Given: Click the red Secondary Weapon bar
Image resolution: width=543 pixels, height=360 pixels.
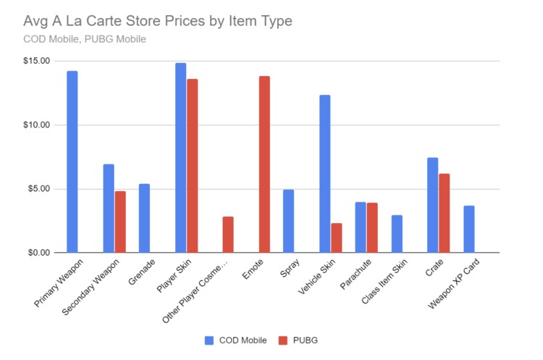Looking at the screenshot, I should (x=119, y=222).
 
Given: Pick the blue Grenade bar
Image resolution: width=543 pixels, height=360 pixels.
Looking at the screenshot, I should (x=145, y=218).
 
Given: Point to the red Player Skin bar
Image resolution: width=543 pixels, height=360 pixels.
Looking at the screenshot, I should (x=192, y=166).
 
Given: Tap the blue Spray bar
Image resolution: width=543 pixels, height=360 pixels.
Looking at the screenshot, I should (x=289, y=221).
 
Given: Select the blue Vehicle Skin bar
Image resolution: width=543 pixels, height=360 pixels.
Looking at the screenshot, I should (x=325, y=174).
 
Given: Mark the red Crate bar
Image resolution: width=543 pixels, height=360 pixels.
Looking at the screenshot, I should (x=445, y=213).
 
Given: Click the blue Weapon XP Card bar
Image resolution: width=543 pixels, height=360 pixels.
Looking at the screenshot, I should (x=469, y=229).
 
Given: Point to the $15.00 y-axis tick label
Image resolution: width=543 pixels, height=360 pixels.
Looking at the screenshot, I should (x=35, y=61).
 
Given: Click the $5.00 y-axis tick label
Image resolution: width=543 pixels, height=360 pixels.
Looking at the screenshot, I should (x=37, y=189).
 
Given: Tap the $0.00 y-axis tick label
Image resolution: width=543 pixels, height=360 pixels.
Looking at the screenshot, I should (x=37, y=253).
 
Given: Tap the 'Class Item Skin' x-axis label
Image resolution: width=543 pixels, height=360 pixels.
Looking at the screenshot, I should (x=384, y=282).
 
